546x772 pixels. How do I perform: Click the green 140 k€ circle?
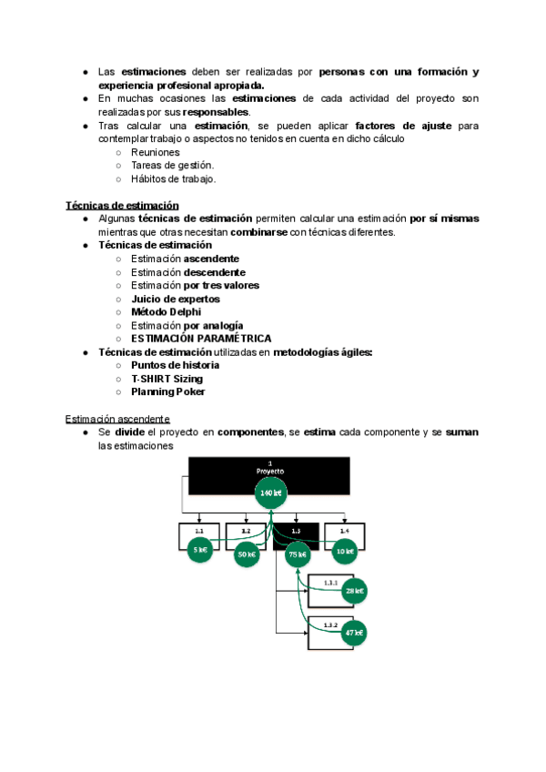[x=270, y=493]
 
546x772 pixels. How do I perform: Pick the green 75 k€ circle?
[x=296, y=553]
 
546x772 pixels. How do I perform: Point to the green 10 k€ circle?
[x=344, y=549]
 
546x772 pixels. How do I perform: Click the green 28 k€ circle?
[x=354, y=591]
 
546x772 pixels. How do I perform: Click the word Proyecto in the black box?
[x=270, y=471]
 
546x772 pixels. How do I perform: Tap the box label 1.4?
[x=344, y=530]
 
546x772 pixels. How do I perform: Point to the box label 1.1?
[x=198, y=530]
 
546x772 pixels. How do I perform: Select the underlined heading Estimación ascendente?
[x=117, y=418]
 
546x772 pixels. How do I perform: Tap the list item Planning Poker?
[x=167, y=391]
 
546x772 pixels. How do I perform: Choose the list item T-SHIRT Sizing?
[x=167, y=378]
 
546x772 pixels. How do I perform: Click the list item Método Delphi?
[x=166, y=311]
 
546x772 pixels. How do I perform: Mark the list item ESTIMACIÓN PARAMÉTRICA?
[x=200, y=338]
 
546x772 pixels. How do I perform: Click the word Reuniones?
[x=155, y=152]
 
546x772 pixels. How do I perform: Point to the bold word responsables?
[x=215, y=111]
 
